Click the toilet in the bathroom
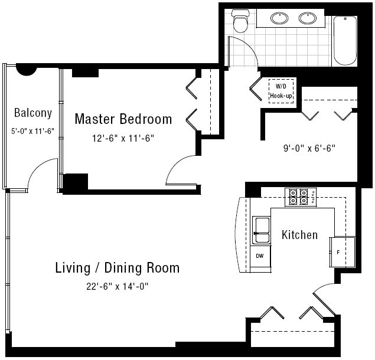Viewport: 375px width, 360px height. [x=240, y=21]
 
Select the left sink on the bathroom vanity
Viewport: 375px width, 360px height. [x=279, y=18]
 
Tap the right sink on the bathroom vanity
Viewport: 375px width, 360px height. [x=308, y=18]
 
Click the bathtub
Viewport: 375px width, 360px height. [x=345, y=41]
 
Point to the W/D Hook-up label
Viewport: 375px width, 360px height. [x=281, y=91]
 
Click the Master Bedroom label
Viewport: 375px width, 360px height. [x=123, y=119]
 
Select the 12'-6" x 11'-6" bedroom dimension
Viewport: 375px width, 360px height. [x=123, y=138]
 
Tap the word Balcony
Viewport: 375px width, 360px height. [x=33, y=113]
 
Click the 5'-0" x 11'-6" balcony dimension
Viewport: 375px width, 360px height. [x=32, y=131]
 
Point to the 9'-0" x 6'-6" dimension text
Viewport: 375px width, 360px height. [x=309, y=148]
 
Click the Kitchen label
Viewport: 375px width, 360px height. [x=299, y=235]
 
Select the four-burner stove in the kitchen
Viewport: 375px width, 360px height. [x=301, y=197]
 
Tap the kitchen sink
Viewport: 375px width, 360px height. [x=261, y=230]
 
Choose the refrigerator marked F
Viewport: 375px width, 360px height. [x=343, y=252]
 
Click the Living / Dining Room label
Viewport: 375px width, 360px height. [x=117, y=268]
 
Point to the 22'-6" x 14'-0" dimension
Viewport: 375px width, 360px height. [x=117, y=286]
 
